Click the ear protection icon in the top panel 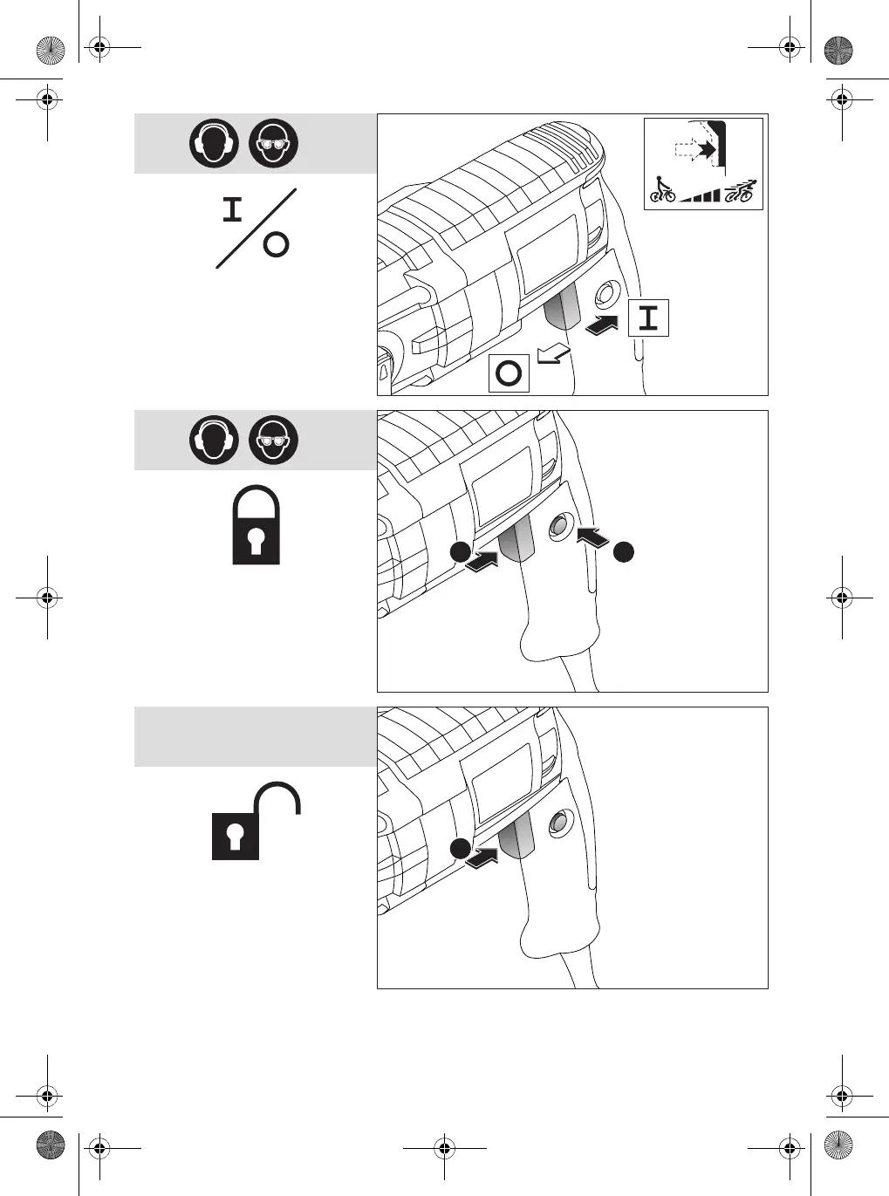pyautogui.click(x=214, y=143)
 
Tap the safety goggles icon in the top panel pyautogui.click(x=273, y=143)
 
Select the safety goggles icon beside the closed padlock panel pyautogui.click(x=273, y=440)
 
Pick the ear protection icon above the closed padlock pyautogui.click(x=214, y=440)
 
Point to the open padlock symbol pyautogui.click(x=256, y=821)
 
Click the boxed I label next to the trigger pyautogui.click(x=648, y=318)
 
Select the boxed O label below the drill pyautogui.click(x=509, y=374)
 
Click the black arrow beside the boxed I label pyautogui.click(x=603, y=325)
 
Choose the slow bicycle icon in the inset pyautogui.click(x=663, y=190)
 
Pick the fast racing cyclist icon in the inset pyautogui.click(x=740, y=190)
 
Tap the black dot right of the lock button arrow pyautogui.click(x=622, y=550)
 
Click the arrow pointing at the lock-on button pyautogui.click(x=592, y=536)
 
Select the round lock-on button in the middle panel pyautogui.click(x=558, y=526)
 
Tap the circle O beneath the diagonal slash pyautogui.click(x=276, y=245)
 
